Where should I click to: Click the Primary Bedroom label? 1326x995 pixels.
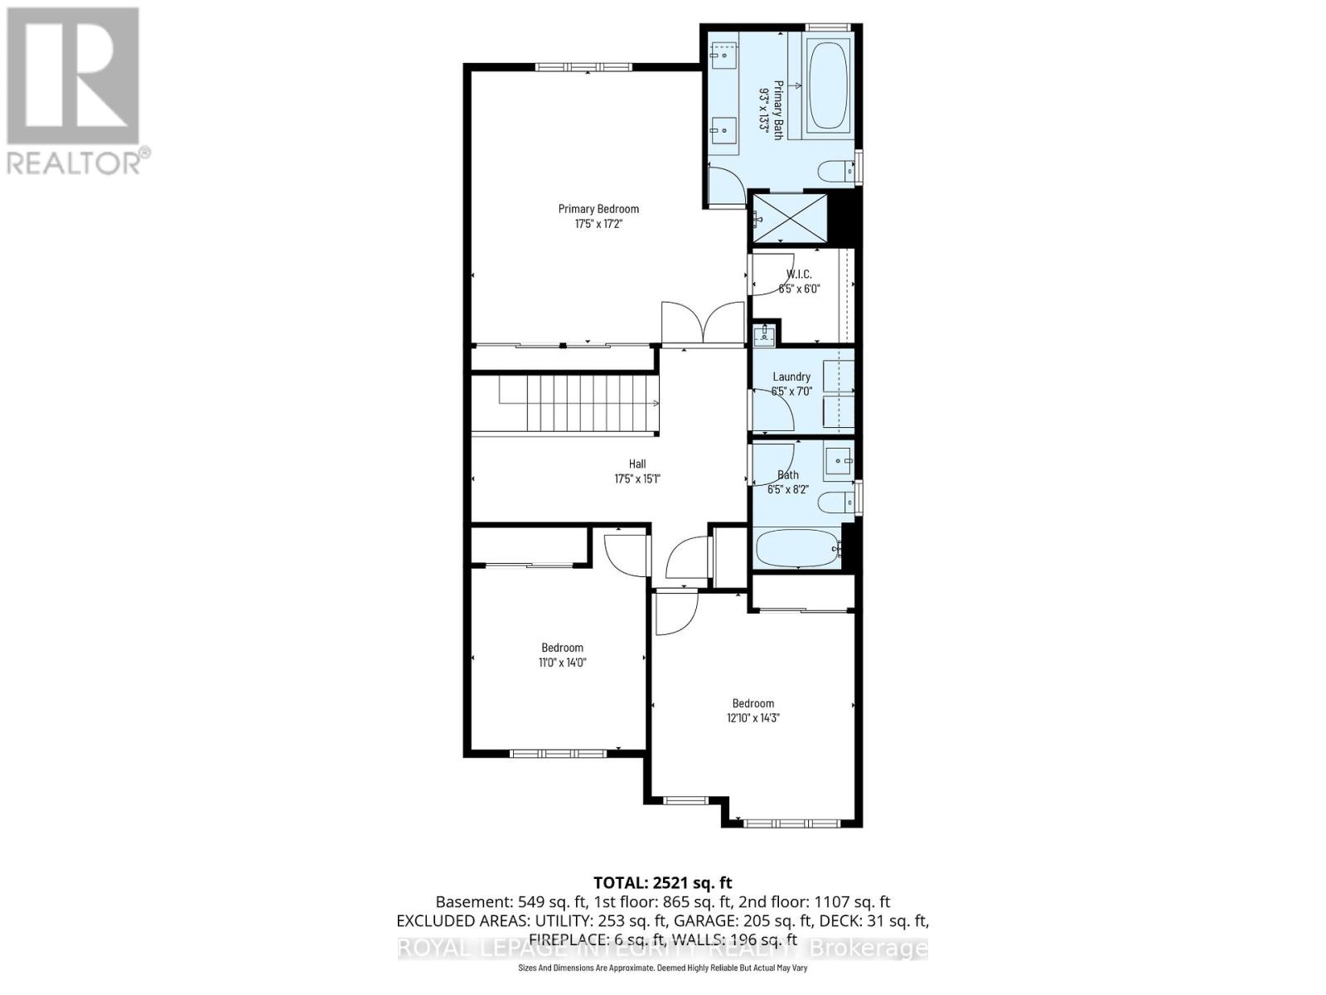pyautogui.click(x=598, y=209)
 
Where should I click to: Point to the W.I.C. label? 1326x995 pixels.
pyautogui.click(x=799, y=274)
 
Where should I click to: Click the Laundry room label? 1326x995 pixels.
pyautogui.click(x=791, y=376)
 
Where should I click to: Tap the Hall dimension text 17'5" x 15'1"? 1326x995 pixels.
pyautogui.click(x=636, y=478)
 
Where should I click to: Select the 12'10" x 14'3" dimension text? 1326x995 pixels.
pyautogui.click(x=753, y=718)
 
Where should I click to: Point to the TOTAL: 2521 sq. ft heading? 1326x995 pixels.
pyautogui.click(x=662, y=883)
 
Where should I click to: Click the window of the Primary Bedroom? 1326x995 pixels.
pyautogui.click(x=583, y=67)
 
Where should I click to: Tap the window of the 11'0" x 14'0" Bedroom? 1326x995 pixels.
pyautogui.click(x=557, y=754)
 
